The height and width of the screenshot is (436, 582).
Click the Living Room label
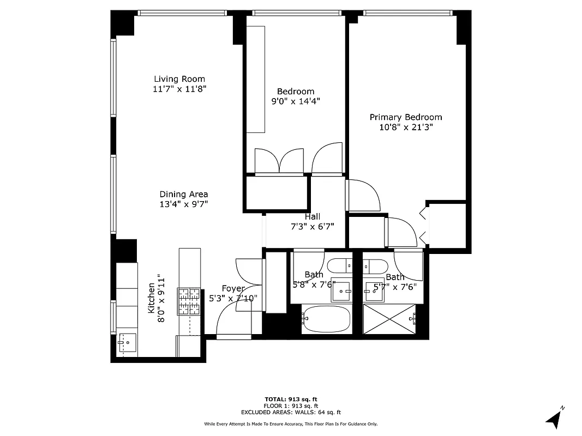[179, 79]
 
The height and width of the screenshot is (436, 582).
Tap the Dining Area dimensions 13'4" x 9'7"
[184, 204]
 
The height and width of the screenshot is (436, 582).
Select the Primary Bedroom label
[406, 117]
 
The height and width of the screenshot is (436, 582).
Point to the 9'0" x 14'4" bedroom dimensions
[296, 101]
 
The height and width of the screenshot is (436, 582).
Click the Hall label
[312, 216]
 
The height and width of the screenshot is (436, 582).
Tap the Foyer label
[233, 288]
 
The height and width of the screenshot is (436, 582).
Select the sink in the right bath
[375, 291]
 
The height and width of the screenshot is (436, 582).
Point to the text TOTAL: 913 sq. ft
[291, 399]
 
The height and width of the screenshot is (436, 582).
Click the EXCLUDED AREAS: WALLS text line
[291, 413]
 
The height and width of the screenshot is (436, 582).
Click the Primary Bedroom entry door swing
[360, 195]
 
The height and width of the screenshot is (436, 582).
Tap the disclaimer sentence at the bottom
[291, 424]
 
